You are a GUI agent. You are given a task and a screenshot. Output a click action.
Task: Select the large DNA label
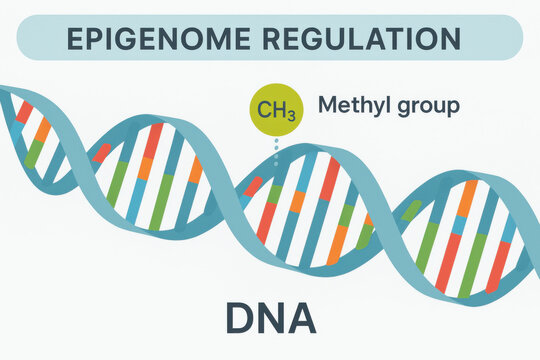click(x=270, y=318)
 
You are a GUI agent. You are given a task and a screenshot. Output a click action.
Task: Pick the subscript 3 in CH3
click(x=290, y=115)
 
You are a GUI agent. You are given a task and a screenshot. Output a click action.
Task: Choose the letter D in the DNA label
click(x=239, y=318)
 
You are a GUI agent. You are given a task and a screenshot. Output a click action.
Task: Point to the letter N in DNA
click(x=270, y=318)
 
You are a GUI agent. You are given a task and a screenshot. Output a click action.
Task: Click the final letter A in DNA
click(x=301, y=318)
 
